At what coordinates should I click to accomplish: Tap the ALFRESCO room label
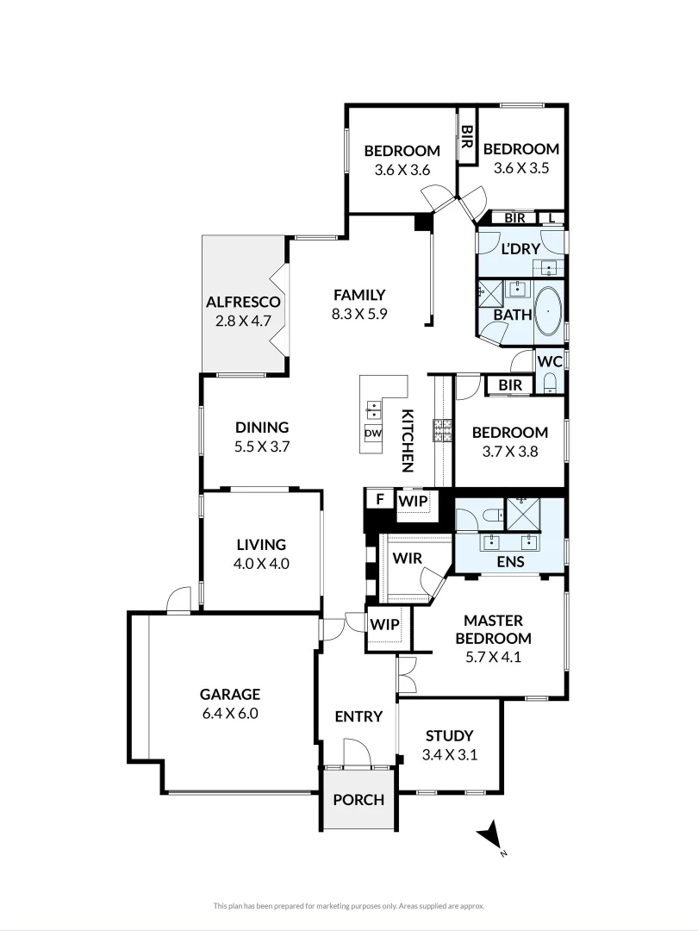244,302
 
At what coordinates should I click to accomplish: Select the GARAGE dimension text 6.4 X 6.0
229,713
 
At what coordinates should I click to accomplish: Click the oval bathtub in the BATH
548,311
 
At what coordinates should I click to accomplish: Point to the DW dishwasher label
373,434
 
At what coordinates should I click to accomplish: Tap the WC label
549,361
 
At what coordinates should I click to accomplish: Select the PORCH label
358,799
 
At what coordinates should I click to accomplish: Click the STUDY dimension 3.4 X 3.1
450,754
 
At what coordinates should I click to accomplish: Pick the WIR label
407,558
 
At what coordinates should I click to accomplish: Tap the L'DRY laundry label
520,249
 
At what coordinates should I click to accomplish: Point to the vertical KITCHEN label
408,440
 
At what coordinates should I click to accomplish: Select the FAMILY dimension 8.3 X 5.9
359,314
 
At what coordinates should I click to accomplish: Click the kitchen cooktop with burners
443,429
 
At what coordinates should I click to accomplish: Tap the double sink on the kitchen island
374,409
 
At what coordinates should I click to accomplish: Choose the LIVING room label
261,544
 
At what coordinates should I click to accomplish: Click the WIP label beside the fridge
413,499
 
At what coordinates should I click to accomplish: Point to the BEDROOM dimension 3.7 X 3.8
510,450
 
